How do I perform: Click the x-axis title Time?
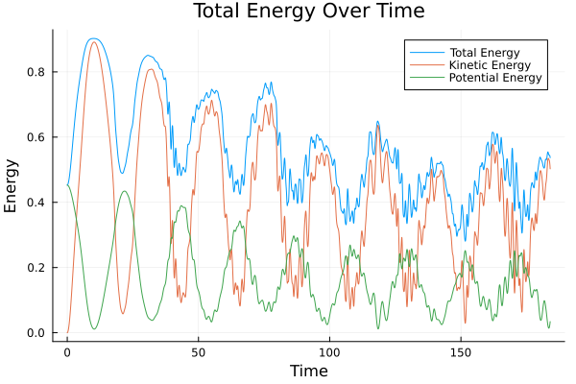[x=309, y=371]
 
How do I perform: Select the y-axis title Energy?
[x=12, y=185]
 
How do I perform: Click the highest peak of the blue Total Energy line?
[x=92, y=38]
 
